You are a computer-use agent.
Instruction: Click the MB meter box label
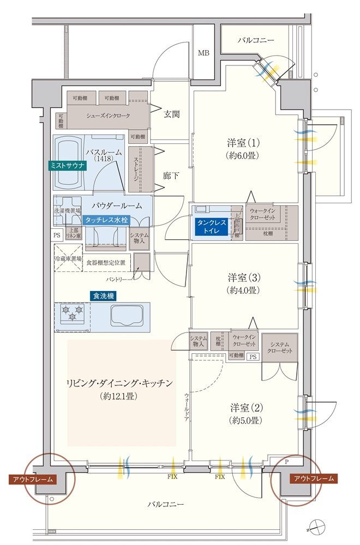tap(203, 53)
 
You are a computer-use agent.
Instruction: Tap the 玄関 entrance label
tap(172, 114)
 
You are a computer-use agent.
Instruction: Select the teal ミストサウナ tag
tap(64, 165)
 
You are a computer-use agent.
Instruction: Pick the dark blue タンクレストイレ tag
tap(212, 226)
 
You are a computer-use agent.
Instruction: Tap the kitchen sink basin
tap(127, 315)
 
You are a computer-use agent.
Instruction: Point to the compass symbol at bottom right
tap(318, 528)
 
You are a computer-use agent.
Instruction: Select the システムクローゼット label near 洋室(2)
tap(279, 347)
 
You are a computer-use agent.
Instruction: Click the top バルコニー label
tap(256, 40)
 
